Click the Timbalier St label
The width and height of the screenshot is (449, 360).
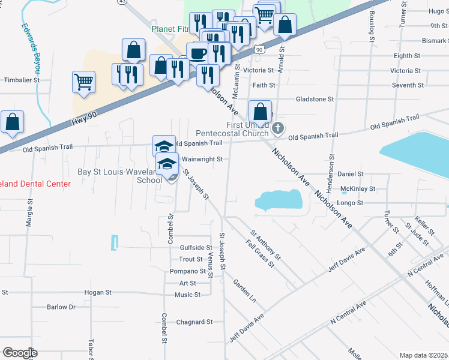tap(22, 79)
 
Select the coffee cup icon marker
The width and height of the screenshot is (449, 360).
tap(197, 53)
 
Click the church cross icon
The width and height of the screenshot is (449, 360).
tap(277, 128)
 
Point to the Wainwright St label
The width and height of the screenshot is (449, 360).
tap(202, 160)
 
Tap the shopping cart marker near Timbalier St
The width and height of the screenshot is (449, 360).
tap(83, 81)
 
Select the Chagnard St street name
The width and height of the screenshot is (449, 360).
tap(194, 322)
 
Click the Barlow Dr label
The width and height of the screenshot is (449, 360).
tap(61, 307)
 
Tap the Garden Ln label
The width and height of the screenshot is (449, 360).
tap(244, 290)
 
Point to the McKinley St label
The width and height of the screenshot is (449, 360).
tap(358, 188)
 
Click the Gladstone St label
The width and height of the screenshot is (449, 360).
tap(315, 99)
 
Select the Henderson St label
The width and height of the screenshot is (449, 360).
tap(331, 155)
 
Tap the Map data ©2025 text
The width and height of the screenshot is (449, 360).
tap(423, 355)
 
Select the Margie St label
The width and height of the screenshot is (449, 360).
tap(28, 212)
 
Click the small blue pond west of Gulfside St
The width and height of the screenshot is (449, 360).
tap(113, 243)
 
